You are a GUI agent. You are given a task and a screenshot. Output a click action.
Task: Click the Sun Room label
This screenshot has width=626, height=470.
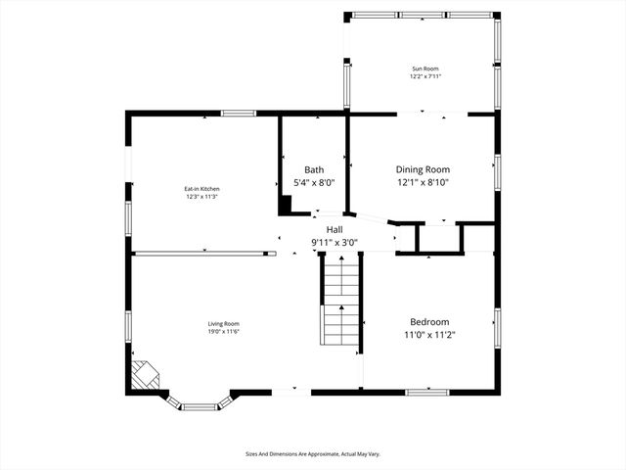coord(425,69)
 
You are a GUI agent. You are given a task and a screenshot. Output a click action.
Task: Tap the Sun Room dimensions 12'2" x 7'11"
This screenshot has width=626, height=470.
coord(425,76)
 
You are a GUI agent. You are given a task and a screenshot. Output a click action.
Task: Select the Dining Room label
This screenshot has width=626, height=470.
coord(423,169)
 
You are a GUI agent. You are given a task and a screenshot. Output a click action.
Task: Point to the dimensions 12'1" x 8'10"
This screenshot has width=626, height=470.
coord(423,182)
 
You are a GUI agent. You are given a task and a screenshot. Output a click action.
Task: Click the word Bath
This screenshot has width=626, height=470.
coord(314,169)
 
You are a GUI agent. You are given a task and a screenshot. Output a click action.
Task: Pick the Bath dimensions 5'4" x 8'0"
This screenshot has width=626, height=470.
coord(314,182)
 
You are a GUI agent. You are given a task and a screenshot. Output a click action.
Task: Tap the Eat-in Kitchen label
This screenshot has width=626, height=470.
coord(201,188)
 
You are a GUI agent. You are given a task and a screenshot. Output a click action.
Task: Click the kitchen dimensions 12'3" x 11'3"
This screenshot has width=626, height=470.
coord(201,196)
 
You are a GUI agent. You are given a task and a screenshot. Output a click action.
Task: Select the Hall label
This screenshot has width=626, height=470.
coord(335,229)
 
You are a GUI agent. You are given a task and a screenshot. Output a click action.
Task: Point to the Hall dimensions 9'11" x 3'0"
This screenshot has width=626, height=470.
coord(335,242)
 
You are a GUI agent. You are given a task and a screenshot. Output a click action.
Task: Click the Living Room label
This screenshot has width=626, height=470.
coord(223,324)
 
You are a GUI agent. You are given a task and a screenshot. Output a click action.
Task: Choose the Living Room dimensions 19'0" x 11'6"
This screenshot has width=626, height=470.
coord(223,332)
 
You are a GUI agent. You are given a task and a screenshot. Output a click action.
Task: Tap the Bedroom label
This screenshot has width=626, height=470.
coord(429,322)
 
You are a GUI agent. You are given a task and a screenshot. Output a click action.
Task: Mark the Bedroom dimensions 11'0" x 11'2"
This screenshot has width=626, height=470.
coord(429,335)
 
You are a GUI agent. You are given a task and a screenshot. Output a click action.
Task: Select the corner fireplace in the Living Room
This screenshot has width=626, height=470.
coord(144,375)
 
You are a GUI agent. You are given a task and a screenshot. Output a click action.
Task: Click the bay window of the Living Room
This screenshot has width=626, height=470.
coord(201,403)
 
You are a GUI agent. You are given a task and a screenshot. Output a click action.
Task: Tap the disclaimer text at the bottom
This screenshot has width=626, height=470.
coord(313,453)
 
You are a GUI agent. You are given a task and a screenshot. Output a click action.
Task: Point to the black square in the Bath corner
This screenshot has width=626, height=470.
coord(286,205)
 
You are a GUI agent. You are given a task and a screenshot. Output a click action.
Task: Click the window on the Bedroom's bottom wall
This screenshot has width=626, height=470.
coord(426,392)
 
